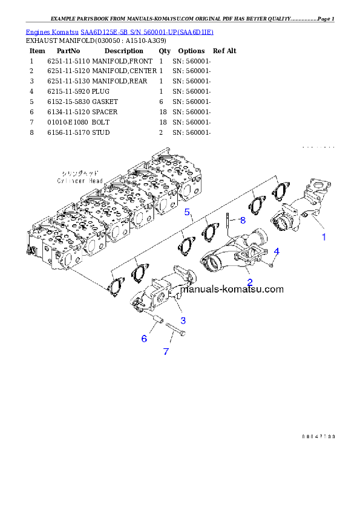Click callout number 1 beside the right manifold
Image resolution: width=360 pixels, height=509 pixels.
point(324,237)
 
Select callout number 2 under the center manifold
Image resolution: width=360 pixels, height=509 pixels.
point(249,282)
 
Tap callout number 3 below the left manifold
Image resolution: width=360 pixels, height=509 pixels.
point(183,320)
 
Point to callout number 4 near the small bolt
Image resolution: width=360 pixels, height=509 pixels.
point(277,251)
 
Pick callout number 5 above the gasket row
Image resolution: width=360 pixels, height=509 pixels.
point(188,212)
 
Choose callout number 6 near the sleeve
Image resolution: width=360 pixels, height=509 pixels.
point(144,339)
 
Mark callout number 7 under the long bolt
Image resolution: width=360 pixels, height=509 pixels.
point(166,351)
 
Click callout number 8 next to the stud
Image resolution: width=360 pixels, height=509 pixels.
point(243,220)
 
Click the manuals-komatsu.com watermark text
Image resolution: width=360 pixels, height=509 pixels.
point(232,289)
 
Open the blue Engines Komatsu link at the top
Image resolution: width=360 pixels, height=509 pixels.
point(119,31)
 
